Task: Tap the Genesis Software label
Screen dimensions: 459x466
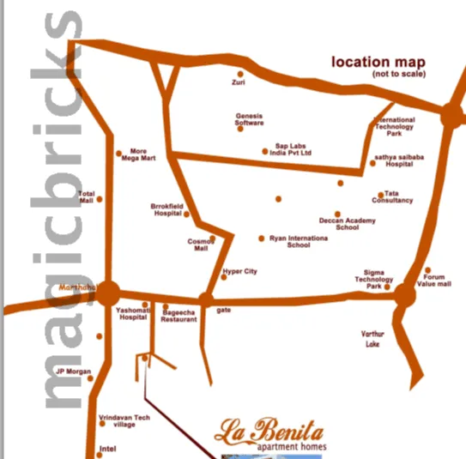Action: [x=250, y=119]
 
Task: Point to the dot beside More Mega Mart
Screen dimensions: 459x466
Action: [x=118, y=154]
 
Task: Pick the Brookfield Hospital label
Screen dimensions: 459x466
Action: [x=168, y=210]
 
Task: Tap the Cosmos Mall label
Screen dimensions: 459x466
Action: [x=200, y=245]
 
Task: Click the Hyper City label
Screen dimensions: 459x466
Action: [x=239, y=271]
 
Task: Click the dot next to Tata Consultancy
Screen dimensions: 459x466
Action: [x=381, y=195]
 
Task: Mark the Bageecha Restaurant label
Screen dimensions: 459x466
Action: [x=179, y=315]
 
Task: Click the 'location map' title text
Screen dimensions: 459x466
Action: [x=378, y=63]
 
